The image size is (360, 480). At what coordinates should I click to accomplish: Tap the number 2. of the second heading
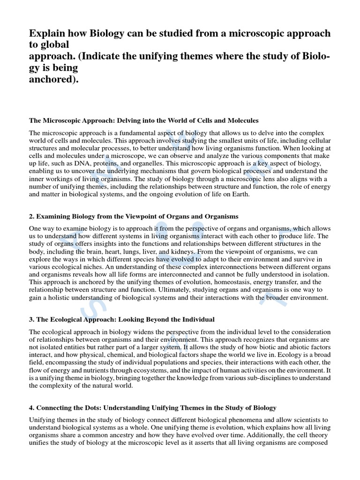pyautogui.click(x=32, y=216)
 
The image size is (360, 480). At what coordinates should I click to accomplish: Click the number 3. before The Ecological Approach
pyautogui.click(x=32, y=320)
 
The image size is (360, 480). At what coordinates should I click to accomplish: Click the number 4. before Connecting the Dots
pyautogui.click(x=32, y=408)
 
